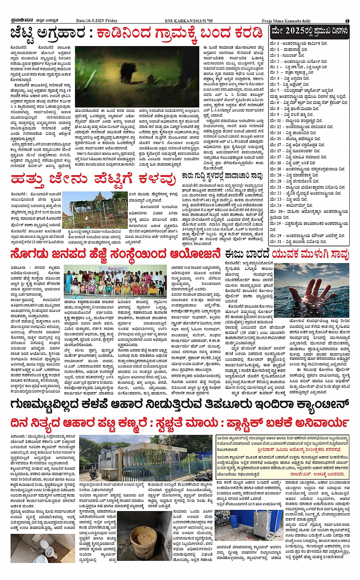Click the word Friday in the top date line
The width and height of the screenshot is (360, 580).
point(111,21)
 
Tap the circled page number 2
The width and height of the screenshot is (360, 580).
point(347,21)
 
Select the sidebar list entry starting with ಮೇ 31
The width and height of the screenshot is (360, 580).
point(298,241)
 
